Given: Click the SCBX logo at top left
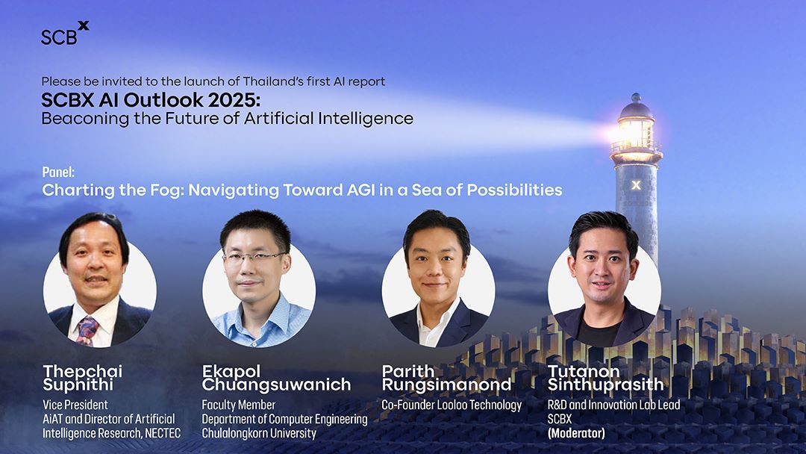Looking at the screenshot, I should [64, 34].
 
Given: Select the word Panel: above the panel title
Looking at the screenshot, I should [58, 172].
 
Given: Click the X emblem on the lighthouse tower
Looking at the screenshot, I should [635, 184].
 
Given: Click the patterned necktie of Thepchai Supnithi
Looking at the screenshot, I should [87, 330].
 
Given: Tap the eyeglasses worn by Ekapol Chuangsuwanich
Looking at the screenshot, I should [254, 257].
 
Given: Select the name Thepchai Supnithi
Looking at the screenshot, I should [82, 378].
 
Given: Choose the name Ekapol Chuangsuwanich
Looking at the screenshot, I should [276, 378].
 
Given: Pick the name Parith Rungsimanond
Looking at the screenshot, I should [446, 378].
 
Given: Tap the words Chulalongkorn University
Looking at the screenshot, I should [259, 433].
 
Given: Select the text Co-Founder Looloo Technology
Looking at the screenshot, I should [452, 405].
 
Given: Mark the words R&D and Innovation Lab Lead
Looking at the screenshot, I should [613, 405].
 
